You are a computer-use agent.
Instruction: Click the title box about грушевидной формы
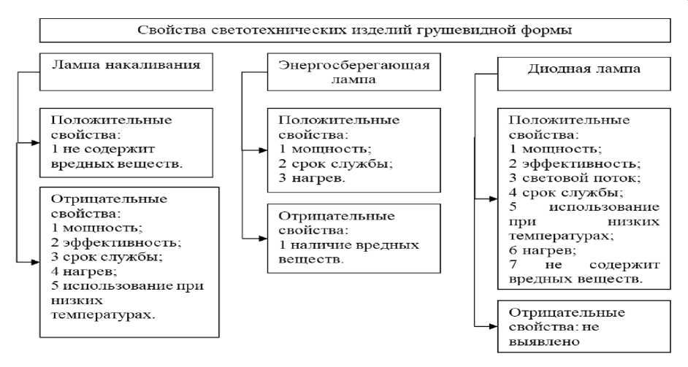pos(353,31)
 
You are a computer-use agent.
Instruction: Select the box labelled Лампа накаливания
pos(126,64)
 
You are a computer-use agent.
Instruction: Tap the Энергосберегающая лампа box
pos(353,72)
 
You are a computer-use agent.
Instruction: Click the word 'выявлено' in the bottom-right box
pos(540,340)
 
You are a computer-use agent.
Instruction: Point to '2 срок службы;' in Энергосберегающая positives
pos(330,163)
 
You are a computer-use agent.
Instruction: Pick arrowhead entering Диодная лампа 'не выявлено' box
pos(493,326)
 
